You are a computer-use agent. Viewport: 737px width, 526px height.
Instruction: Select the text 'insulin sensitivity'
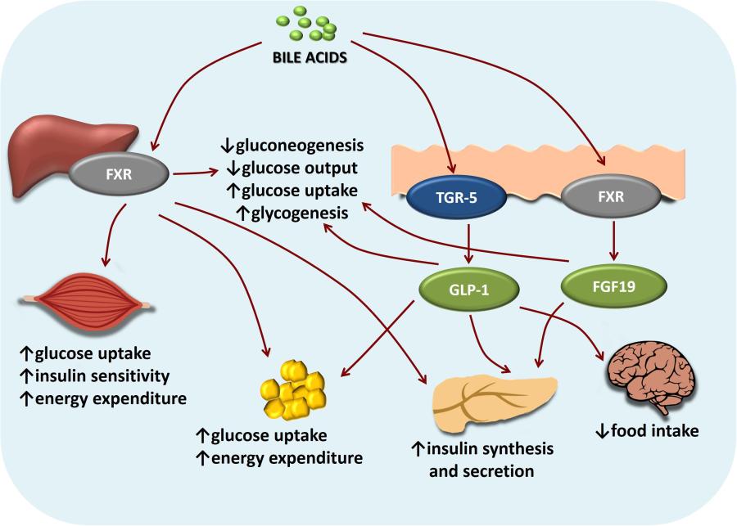(105, 376)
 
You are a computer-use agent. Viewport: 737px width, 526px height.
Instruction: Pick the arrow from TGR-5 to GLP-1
(466, 243)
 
